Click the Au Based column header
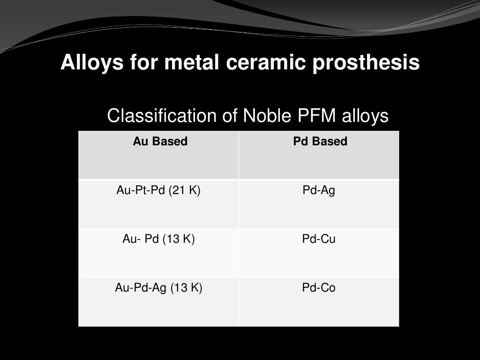coord(160,142)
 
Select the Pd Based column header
coord(320,142)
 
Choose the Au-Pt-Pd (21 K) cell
coord(158,191)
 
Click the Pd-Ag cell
coord(319,191)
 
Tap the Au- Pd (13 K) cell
coord(158,240)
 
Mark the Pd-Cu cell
coord(319,240)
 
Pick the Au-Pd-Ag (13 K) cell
coord(158,288)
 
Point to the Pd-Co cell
coord(319,288)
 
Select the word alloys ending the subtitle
coord(367,115)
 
